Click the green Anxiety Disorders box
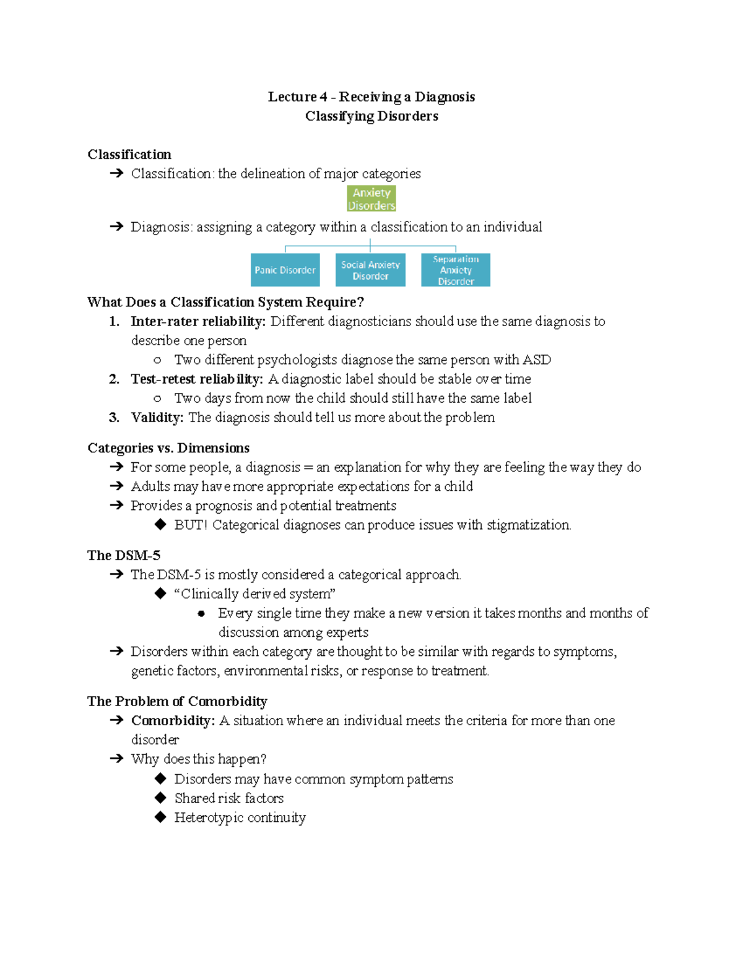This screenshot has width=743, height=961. (371, 199)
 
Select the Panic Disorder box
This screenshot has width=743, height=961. (285, 270)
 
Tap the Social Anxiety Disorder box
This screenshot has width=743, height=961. (370, 270)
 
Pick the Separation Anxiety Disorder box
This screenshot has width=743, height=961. (456, 270)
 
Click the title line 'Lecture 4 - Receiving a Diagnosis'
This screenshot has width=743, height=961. (371, 97)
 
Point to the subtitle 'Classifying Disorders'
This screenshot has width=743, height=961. (371, 116)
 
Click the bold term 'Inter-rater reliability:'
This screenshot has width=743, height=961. (198, 321)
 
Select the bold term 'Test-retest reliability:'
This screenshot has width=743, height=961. (196, 379)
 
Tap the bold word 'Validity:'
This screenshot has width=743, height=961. (157, 418)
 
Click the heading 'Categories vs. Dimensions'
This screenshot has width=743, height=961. (168, 448)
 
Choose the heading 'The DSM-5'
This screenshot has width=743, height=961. (124, 555)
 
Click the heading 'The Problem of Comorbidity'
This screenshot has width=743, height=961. (177, 701)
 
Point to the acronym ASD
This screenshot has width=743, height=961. (536, 360)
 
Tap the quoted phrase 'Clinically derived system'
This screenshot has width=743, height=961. (254, 594)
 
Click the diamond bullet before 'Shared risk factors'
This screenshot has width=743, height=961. (160, 798)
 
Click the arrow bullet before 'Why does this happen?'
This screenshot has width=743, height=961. (116, 759)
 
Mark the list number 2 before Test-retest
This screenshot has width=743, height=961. (114, 379)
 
